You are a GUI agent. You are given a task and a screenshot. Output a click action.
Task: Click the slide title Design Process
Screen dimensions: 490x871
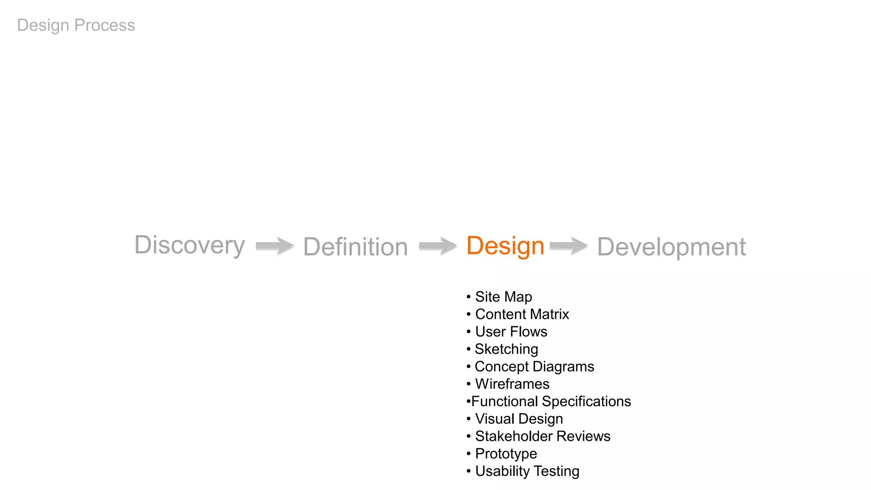(x=76, y=25)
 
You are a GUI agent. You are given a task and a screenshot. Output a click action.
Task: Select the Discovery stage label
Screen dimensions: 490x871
(x=190, y=245)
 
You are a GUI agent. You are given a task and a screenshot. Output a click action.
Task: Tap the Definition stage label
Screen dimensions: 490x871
(x=356, y=247)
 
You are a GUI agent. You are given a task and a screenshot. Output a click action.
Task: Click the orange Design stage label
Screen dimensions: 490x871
(x=505, y=246)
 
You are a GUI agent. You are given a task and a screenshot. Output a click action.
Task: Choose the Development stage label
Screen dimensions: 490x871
(x=671, y=247)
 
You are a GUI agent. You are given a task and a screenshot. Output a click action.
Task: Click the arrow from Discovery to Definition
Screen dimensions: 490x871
(x=275, y=246)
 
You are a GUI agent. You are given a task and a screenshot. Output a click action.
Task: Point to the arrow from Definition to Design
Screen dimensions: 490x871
(x=438, y=246)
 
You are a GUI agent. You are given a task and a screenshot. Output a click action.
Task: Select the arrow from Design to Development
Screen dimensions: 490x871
(x=569, y=246)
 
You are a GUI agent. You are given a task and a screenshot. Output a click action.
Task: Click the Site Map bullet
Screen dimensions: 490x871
(x=503, y=296)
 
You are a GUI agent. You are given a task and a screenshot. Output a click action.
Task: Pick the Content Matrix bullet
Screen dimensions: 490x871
(x=522, y=314)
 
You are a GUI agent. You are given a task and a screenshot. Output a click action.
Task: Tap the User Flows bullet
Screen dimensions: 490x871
(x=511, y=331)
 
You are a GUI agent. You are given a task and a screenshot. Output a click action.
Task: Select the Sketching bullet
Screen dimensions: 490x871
(x=506, y=349)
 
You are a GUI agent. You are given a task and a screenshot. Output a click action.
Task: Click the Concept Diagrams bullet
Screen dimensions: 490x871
(x=534, y=366)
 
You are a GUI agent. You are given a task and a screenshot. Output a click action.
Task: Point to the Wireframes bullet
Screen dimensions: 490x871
(x=512, y=384)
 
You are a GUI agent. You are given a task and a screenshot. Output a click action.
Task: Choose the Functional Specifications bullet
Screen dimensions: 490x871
(x=551, y=401)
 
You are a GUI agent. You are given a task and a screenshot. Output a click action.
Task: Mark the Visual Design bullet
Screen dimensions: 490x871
(x=519, y=419)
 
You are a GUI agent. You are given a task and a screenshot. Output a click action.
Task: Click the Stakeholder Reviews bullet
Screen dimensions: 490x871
(x=543, y=436)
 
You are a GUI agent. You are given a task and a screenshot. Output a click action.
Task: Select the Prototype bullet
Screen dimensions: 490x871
(x=506, y=453)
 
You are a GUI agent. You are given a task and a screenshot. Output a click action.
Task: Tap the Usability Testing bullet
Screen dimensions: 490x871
(x=527, y=471)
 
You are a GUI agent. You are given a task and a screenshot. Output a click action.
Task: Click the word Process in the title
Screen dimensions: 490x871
(x=105, y=25)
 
